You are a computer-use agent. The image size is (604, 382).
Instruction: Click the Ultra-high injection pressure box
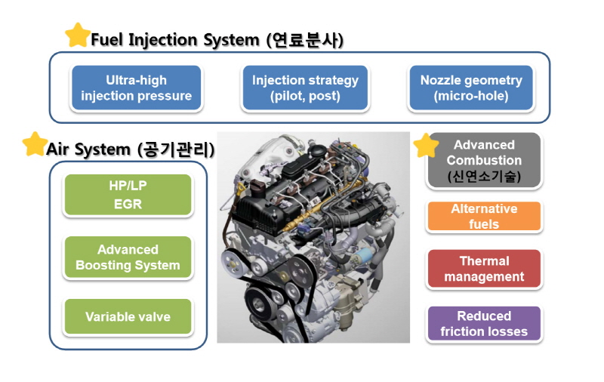pos(137,88)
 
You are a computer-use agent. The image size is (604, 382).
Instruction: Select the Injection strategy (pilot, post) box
pos(305,88)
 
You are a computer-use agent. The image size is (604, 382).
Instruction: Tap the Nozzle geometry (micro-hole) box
pos(471,88)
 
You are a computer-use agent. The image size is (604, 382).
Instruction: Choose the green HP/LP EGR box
pos(128,195)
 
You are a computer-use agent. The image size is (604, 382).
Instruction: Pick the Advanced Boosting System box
pos(128,257)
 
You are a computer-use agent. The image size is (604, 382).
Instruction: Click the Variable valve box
pos(128,316)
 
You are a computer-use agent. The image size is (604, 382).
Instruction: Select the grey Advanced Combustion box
pos(484,160)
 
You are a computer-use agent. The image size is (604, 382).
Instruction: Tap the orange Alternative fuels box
pos(484,216)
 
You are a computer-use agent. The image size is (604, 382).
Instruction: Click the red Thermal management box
pos(484,269)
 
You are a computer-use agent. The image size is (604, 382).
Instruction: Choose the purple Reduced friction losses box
pos(484,323)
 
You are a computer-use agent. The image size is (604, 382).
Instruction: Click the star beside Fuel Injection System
pos(78,35)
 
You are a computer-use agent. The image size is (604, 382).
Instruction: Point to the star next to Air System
pos(35,144)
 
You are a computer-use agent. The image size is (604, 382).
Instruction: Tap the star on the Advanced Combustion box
pos(426,146)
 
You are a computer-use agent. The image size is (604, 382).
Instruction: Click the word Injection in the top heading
pos(162,41)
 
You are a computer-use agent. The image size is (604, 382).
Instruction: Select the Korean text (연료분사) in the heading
pos(305,40)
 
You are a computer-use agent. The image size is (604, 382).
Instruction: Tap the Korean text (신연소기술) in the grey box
pos(484,177)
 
